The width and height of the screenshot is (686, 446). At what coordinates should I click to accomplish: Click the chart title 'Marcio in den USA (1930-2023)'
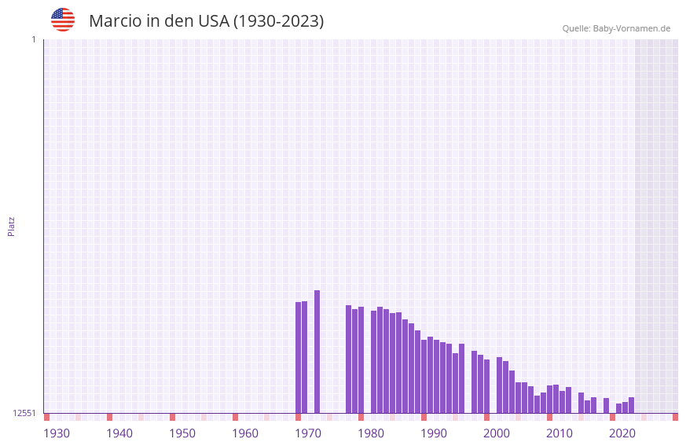pos(206,21)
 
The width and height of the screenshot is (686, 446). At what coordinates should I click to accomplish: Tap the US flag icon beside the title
pos(63,20)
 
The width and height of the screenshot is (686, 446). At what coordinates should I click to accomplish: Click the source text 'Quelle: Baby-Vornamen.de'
pos(616,28)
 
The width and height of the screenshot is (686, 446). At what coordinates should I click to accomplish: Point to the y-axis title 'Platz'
pos(11,226)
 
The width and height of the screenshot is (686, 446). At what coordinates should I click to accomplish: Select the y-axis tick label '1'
pos(33,39)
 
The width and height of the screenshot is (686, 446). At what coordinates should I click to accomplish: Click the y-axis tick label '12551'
pos(24,413)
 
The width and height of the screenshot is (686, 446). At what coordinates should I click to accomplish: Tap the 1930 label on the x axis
pos(57,433)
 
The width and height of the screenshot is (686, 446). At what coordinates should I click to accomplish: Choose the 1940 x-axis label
pos(119,433)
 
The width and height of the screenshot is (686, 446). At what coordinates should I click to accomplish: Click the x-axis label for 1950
pos(182,433)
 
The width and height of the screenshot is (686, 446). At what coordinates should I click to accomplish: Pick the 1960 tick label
pos(245,433)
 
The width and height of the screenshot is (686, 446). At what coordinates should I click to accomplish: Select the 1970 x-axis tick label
pos(308,433)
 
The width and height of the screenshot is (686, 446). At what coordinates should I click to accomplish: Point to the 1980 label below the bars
pos(371,433)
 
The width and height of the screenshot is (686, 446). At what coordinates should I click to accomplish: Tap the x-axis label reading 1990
pos(434,433)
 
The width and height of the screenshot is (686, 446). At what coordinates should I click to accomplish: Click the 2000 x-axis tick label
pos(497,433)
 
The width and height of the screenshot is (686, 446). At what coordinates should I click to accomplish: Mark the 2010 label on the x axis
pos(559,433)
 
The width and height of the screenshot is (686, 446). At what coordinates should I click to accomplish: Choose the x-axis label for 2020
pos(622,433)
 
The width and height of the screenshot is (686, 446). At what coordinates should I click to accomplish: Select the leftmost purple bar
pos(298,358)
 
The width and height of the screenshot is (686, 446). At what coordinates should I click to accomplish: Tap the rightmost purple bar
pos(631,405)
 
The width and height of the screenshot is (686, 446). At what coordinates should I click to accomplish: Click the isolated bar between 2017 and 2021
pos(606,405)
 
